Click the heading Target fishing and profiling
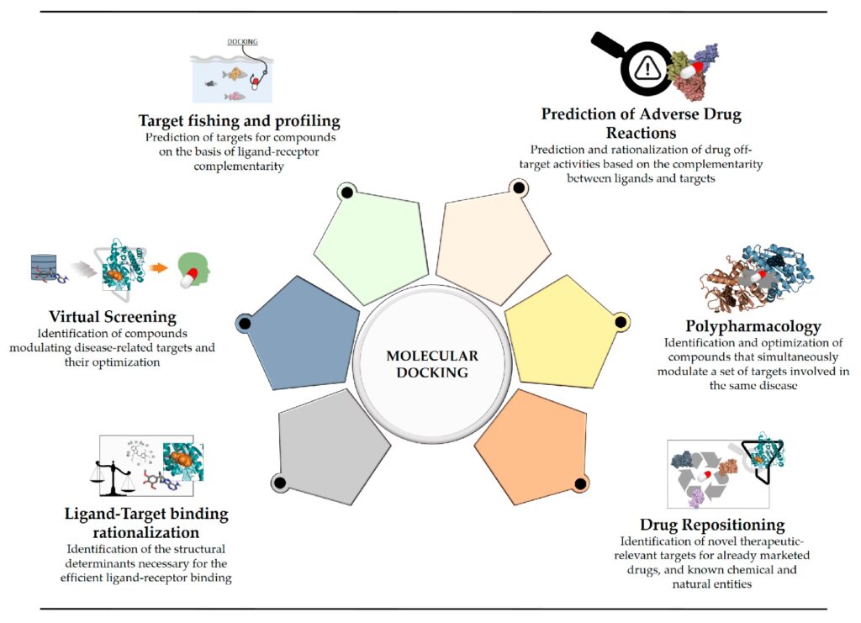click(x=240, y=120)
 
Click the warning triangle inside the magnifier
click(x=648, y=68)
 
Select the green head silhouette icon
click(x=198, y=268)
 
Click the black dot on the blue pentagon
click(x=245, y=323)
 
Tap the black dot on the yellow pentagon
click(x=621, y=320)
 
